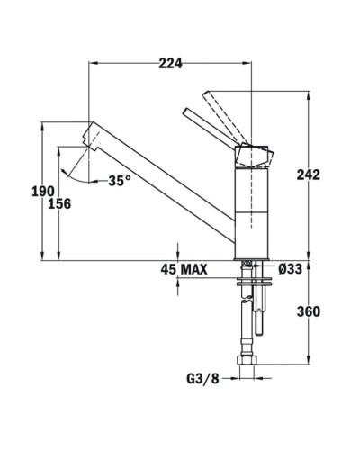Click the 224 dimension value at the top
(170, 63)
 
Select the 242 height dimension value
(308, 175)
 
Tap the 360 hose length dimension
(308, 311)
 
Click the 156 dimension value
(60, 204)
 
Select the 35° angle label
(119, 181)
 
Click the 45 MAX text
(184, 269)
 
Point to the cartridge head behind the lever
(251, 155)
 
